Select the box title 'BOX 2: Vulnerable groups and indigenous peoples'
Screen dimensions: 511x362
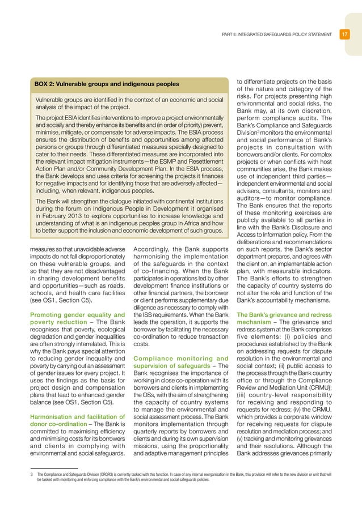pyautogui.click(x=107, y=84)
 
